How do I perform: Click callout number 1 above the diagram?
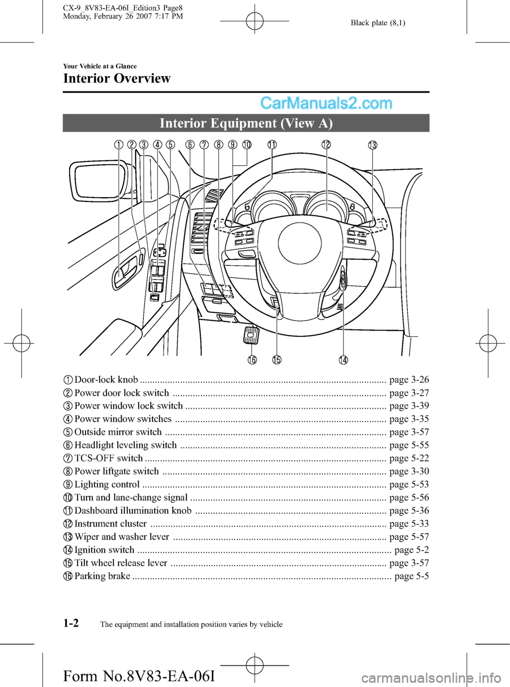[x=118, y=145]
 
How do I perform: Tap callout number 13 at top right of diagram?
[x=373, y=145]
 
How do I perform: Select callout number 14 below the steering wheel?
[x=344, y=360]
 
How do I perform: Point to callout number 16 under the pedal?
[x=252, y=360]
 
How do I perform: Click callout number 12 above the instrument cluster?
[x=326, y=145]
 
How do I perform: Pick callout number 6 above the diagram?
[x=190, y=145]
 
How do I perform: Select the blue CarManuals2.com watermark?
[x=326, y=103]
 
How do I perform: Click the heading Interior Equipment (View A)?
[x=246, y=123]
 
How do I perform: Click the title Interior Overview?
[x=117, y=79]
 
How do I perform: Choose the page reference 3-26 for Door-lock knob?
[x=409, y=380]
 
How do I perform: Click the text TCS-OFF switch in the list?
[x=108, y=458]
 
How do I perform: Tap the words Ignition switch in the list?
[x=104, y=550]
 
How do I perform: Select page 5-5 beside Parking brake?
[x=411, y=576]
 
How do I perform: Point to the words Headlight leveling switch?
[x=125, y=445]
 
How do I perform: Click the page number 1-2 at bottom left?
[x=71, y=623]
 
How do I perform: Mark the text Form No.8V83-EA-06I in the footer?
[x=139, y=676]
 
